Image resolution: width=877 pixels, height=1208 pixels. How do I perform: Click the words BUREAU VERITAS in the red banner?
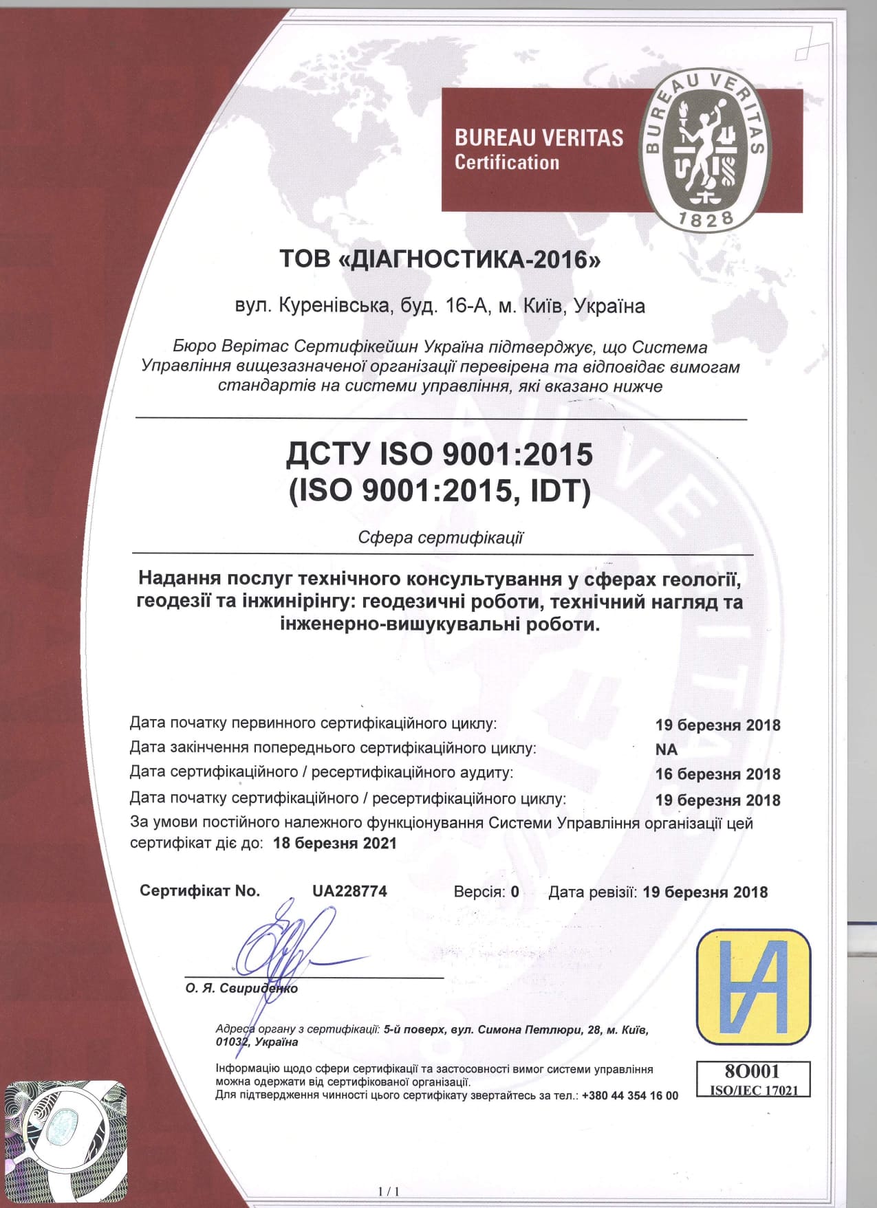pos(539,138)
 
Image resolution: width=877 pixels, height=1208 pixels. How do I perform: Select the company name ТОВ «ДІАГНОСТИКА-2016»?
pos(440,260)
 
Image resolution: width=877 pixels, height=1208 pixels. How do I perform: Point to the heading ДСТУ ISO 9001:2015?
pos(439,454)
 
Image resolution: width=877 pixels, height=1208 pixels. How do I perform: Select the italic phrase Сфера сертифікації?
pos(440,537)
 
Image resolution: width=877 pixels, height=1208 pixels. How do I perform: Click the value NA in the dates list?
pos(666,749)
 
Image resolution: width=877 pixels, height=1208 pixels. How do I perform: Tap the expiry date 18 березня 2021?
pos(335,843)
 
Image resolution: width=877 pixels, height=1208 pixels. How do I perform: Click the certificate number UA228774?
pos(349,891)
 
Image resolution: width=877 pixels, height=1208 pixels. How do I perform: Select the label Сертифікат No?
pos(199,891)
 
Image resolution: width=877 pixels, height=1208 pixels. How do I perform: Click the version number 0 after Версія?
pos(515,892)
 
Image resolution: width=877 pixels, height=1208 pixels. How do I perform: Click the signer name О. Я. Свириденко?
pos(241,988)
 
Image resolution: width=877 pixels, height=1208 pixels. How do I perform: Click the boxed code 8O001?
pos(752,1070)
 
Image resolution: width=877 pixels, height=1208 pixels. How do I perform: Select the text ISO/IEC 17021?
pos(753,1090)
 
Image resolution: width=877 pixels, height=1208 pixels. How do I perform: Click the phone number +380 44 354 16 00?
pos(629,1095)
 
